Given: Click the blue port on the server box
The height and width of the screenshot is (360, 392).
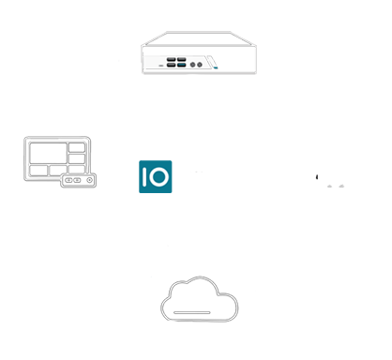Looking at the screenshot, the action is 181,65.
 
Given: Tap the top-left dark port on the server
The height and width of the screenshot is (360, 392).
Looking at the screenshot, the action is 171,59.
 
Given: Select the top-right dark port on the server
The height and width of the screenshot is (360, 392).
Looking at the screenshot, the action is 181,59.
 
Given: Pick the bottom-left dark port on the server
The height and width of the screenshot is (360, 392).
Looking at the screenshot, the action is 171,65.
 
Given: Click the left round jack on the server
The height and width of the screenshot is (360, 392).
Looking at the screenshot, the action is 193,65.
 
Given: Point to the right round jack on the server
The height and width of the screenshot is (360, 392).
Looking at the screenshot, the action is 200,65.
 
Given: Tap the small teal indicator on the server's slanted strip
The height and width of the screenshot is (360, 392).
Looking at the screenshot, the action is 216,67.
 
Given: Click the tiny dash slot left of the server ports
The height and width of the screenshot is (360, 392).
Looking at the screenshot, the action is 161,66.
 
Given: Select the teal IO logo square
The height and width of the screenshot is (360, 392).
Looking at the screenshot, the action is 156,176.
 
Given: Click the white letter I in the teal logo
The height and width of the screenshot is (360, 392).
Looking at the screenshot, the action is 144,176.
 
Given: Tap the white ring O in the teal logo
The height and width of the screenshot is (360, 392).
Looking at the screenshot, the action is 158,176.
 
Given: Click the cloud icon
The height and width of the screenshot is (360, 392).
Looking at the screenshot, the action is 199,299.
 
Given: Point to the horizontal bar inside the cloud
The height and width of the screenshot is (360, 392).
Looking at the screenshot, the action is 192,312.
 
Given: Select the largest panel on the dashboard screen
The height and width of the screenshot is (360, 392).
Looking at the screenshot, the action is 49,153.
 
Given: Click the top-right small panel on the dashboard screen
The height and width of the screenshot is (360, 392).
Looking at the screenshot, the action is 77,147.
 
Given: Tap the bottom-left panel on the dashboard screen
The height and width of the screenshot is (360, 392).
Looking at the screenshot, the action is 38,171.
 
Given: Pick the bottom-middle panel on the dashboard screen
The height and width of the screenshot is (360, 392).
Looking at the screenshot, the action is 58,170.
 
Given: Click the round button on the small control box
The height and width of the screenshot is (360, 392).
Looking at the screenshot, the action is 89,180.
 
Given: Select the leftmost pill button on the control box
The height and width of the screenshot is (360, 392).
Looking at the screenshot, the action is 68,180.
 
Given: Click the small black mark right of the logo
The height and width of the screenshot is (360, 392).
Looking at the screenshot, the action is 317,177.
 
